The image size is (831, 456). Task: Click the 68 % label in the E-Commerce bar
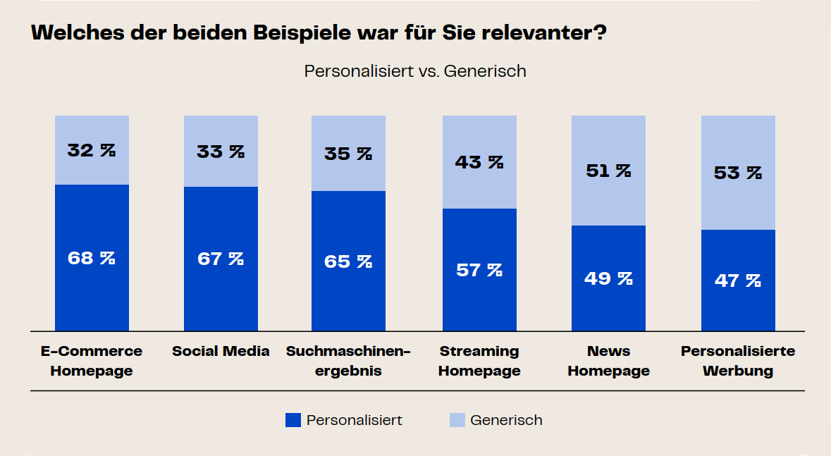(92, 258)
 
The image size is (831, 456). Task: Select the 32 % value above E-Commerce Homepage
(92, 150)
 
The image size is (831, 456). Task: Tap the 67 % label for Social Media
(221, 259)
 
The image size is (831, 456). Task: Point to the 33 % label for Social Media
(221, 151)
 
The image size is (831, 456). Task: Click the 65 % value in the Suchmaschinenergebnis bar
(348, 261)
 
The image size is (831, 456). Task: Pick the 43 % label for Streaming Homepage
(479, 162)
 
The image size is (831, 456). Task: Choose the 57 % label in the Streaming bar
(479, 269)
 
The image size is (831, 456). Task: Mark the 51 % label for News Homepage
(608, 171)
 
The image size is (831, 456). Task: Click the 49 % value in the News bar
(608, 278)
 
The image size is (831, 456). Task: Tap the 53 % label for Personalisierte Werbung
(738, 173)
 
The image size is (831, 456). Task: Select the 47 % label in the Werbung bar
(738, 281)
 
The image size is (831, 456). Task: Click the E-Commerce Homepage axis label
(92, 361)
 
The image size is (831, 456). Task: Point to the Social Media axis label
(221, 351)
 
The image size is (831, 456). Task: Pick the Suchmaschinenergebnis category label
(348, 361)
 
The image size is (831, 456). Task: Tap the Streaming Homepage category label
(479, 361)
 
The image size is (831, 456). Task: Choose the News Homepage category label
(608, 361)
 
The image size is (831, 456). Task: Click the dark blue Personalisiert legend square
(293, 420)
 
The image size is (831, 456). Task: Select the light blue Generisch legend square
(457, 420)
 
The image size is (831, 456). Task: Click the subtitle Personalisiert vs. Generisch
(415, 71)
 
